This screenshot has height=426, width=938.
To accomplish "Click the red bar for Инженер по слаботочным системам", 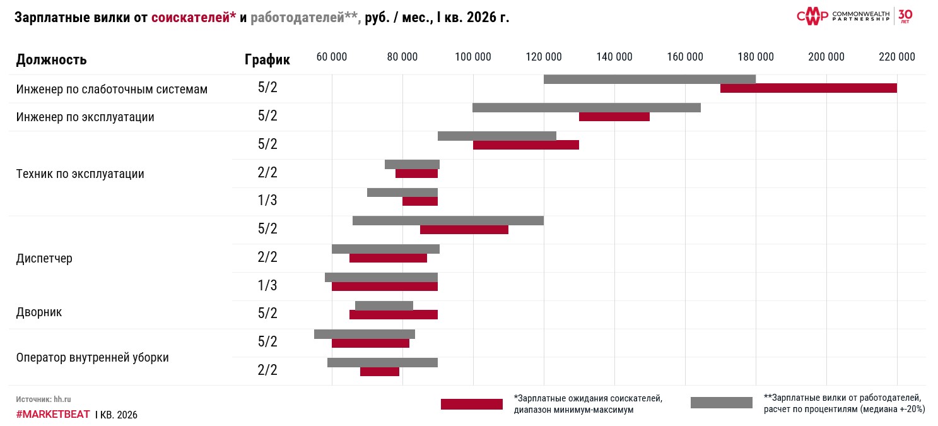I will (808, 88).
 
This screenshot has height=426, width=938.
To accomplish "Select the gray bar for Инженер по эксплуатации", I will (586, 107).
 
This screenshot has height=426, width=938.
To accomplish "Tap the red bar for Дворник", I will (393, 314).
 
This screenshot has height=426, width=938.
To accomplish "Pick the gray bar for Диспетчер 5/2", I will (448, 220).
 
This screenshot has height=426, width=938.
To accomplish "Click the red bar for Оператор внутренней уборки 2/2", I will (379, 371).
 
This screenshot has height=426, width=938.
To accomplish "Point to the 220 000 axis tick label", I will (896, 57).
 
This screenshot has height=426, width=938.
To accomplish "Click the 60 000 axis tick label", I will (331, 57).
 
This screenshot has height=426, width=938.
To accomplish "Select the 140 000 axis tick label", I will (614, 57).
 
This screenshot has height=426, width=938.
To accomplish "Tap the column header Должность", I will (51, 60).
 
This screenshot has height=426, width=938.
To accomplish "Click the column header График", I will (267, 60).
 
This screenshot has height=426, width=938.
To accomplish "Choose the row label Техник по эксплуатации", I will (80, 174).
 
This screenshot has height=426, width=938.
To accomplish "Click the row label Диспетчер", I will (44, 258).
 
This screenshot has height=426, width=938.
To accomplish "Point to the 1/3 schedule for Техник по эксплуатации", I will (267, 201).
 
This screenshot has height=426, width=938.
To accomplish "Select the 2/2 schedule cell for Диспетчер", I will (267, 257).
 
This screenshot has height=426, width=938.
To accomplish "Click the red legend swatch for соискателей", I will (471, 404).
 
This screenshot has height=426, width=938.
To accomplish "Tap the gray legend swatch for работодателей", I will (721, 402).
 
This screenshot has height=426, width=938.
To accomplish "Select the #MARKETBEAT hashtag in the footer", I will (53, 415).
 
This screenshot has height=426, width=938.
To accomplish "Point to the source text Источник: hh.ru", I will (44, 399).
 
